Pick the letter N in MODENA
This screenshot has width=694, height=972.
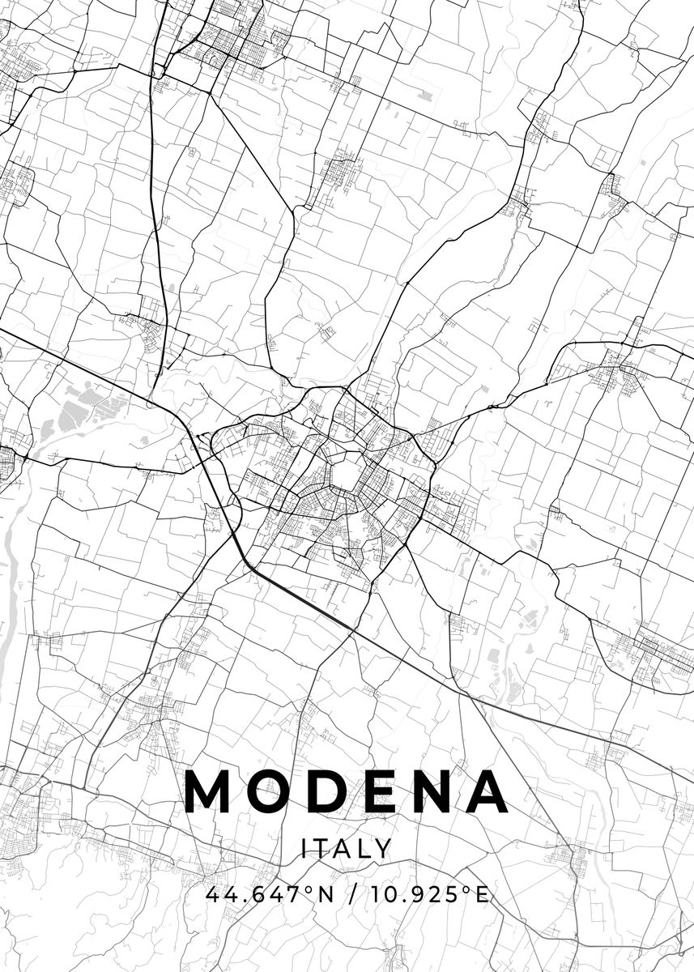[441, 791]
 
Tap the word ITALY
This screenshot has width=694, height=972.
[347, 849]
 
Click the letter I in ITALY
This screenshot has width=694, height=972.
[304, 849]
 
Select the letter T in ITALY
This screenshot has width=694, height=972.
[321, 849]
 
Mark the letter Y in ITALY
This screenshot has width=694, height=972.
[384, 849]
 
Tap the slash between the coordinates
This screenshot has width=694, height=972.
[353, 895]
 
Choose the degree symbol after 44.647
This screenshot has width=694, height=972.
[309, 889]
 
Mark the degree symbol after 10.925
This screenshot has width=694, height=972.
[466, 889]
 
